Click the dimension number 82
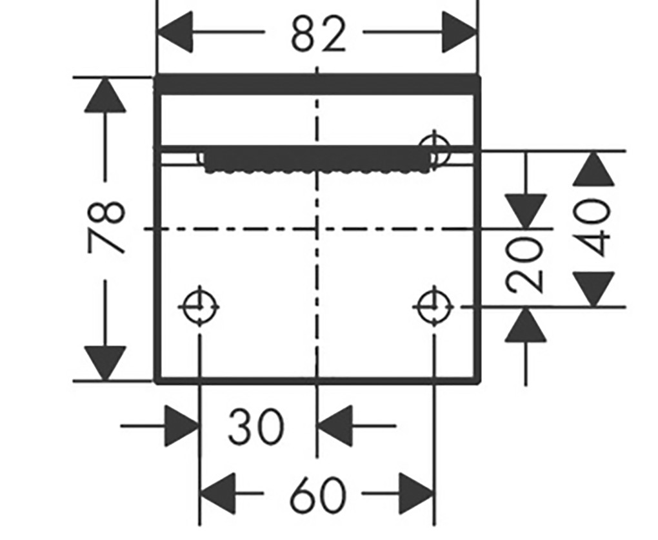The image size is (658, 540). (319, 34)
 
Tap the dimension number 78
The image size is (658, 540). (106, 227)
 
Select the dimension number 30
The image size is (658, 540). (256, 427)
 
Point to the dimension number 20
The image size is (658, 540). (525, 264)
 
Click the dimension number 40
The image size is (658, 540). (593, 227)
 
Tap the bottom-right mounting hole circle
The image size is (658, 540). (435, 307)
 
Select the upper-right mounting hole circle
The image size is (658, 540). (435, 149)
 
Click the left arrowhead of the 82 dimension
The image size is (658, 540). (175, 32)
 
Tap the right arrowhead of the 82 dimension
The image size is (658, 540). (460, 32)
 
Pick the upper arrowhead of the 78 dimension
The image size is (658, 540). (105, 95)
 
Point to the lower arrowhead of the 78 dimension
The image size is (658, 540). (105, 363)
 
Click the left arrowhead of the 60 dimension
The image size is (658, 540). (217, 494)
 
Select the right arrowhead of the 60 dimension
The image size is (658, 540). (416, 494)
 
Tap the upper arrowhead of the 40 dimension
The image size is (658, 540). (593, 168)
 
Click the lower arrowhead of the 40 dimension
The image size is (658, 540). (593, 289)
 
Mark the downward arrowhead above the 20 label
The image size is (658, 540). (525, 211)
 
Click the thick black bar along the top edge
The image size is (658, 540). (317, 85)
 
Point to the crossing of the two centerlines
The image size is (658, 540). (317, 229)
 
